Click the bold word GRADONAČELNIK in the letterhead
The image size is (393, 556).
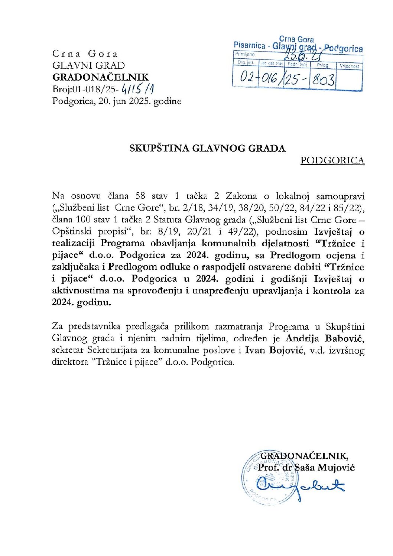pyautogui.click(x=100, y=77)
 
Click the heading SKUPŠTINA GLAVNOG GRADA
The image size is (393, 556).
pyautogui.click(x=207, y=149)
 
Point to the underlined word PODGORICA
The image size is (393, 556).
pyautogui.click(x=332, y=160)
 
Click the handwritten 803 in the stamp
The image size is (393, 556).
pyautogui.click(x=323, y=79)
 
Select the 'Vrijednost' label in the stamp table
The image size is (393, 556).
pyautogui.click(x=349, y=66)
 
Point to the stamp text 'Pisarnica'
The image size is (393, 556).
pyautogui.click(x=250, y=45)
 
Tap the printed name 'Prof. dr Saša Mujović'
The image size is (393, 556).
pyautogui.click(x=306, y=467)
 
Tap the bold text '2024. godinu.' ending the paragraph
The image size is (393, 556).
pyautogui.click(x=81, y=303)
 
